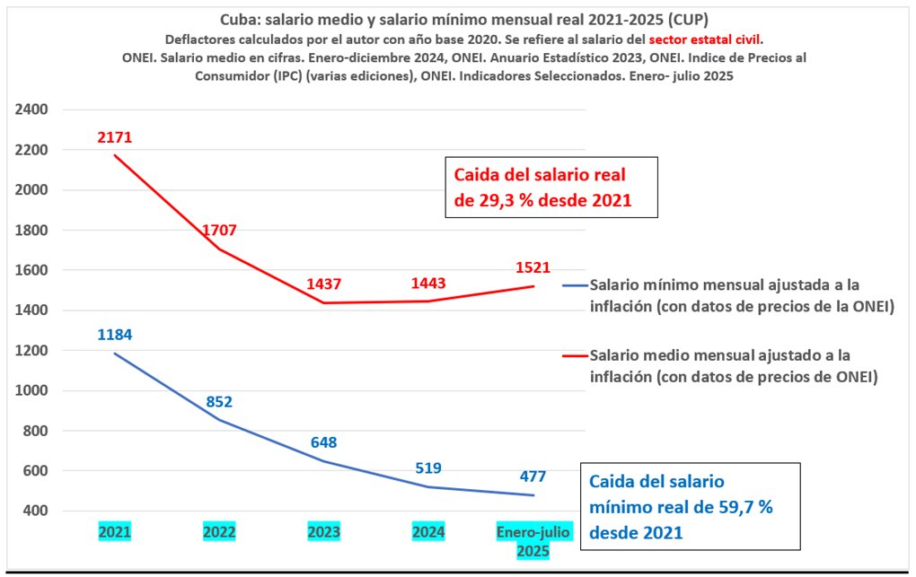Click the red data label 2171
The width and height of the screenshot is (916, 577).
coord(115,137)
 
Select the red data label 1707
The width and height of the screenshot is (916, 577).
coord(219,230)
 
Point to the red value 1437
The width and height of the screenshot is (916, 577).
coord(324,284)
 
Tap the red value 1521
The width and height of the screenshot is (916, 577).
coord(533,267)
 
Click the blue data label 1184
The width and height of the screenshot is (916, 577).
coord(115,335)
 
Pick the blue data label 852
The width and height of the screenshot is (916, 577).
coord(219,401)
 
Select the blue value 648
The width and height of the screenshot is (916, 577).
coord(324,442)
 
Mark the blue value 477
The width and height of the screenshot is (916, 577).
coord(533,476)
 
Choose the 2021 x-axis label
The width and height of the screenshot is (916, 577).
coord(115,532)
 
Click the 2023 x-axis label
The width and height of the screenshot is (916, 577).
coord(324,532)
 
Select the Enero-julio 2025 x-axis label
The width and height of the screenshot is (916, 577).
coord(533,541)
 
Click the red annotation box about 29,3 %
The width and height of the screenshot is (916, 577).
coord(551,188)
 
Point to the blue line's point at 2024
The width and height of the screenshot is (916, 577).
coord(428,487)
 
